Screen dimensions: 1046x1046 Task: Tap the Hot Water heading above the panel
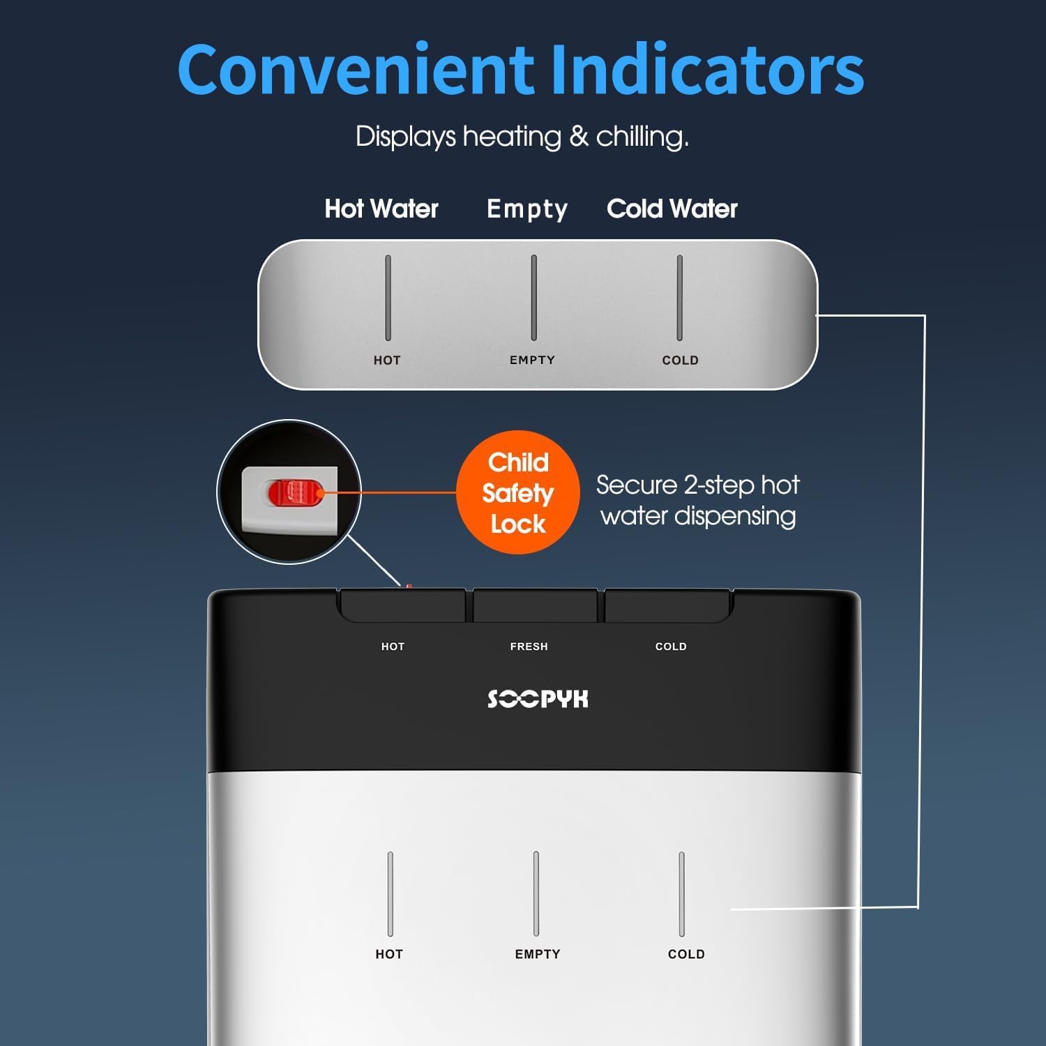tap(381, 209)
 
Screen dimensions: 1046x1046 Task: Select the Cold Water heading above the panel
tap(672, 209)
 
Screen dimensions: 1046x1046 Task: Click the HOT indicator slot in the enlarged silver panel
tap(388, 298)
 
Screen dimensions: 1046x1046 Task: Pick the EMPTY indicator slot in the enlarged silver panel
tap(533, 298)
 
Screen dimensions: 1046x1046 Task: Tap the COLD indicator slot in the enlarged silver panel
tap(679, 298)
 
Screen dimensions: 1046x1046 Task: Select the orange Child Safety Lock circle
tap(518, 492)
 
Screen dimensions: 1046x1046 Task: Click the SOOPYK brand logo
tap(538, 699)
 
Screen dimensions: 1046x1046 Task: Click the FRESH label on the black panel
tap(529, 646)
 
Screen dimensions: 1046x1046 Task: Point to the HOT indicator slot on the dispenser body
tap(390, 894)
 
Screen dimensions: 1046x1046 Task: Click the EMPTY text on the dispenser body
tap(538, 954)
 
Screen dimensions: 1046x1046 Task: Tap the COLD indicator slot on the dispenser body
tap(681, 894)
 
